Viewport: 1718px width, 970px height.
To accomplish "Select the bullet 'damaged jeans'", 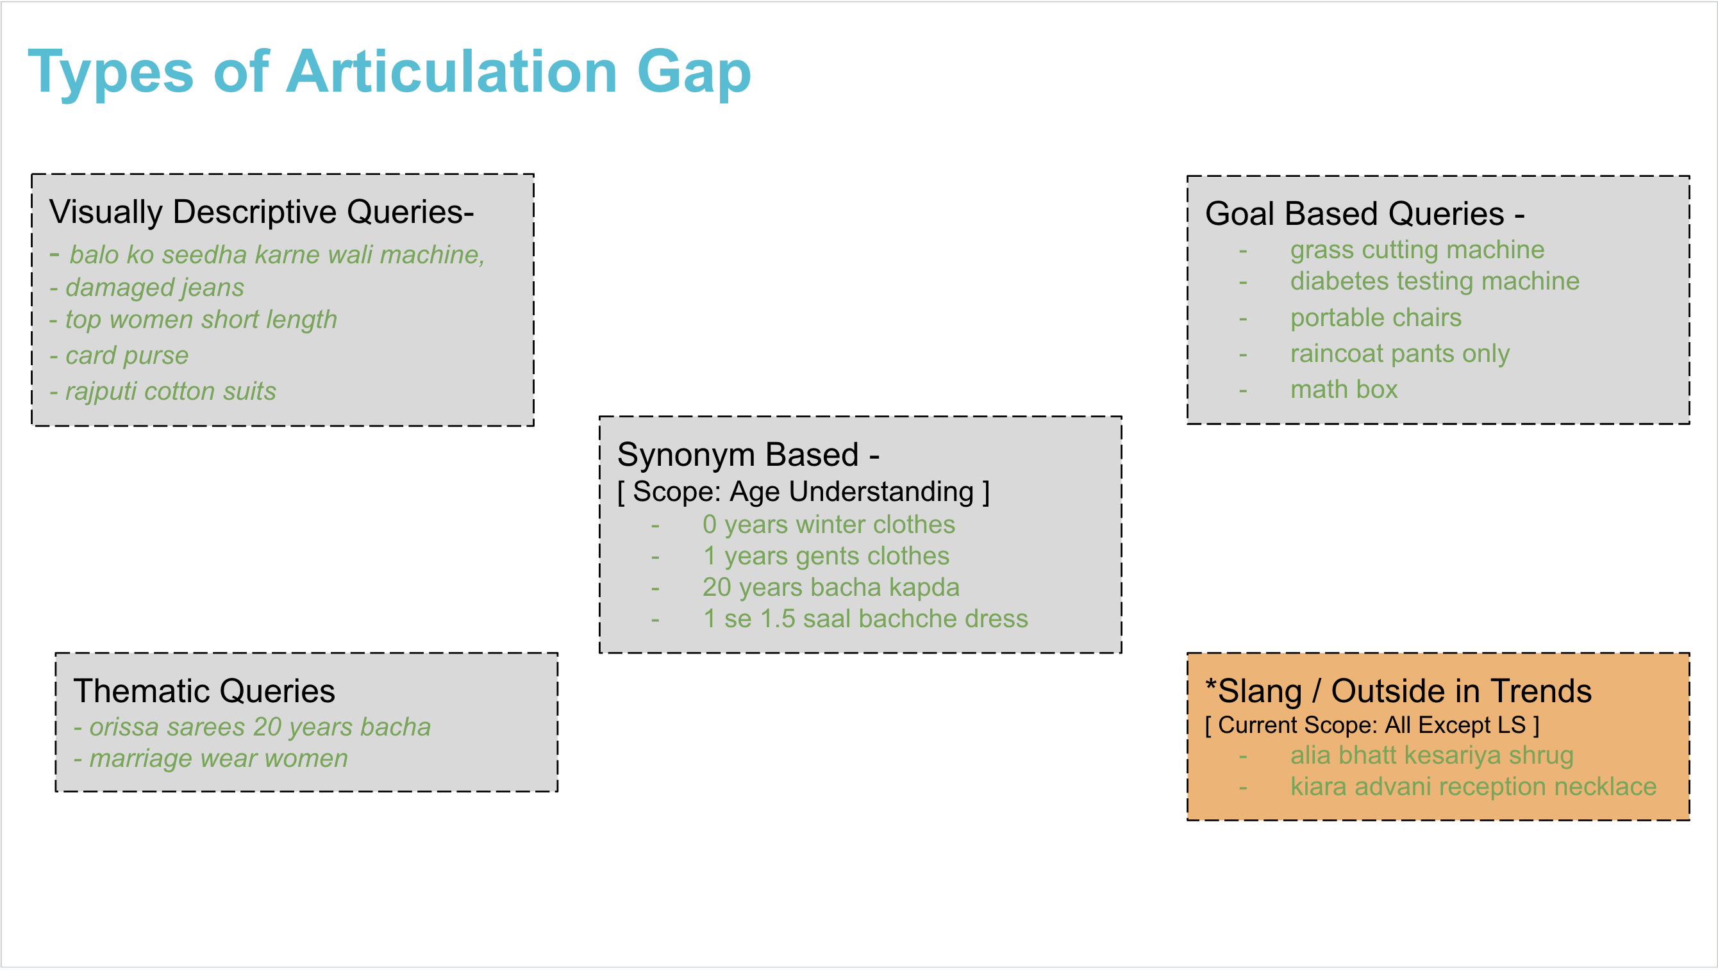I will (x=154, y=287).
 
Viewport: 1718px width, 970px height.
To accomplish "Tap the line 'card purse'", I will (x=127, y=356).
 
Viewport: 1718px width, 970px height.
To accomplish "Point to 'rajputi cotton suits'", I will (x=170, y=391).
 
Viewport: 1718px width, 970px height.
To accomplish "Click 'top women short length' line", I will (x=201, y=320).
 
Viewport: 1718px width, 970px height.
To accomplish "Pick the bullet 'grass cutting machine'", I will (x=1417, y=250).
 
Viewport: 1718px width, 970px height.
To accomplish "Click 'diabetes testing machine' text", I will (x=1434, y=281).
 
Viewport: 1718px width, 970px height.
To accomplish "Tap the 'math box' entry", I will (x=1343, y=390).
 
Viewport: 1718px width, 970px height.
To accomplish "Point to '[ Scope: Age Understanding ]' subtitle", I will (x=803, y=492).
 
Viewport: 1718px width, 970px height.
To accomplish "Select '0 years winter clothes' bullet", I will (x=828, y=525).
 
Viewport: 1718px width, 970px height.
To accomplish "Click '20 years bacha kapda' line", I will (x=830, y=588).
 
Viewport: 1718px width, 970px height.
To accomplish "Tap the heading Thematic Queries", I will (x=204, y=691).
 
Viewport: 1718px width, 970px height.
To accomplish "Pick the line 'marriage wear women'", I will (x=218, y=759).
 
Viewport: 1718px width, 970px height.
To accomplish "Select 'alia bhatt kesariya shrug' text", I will (x=1431, y=755).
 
